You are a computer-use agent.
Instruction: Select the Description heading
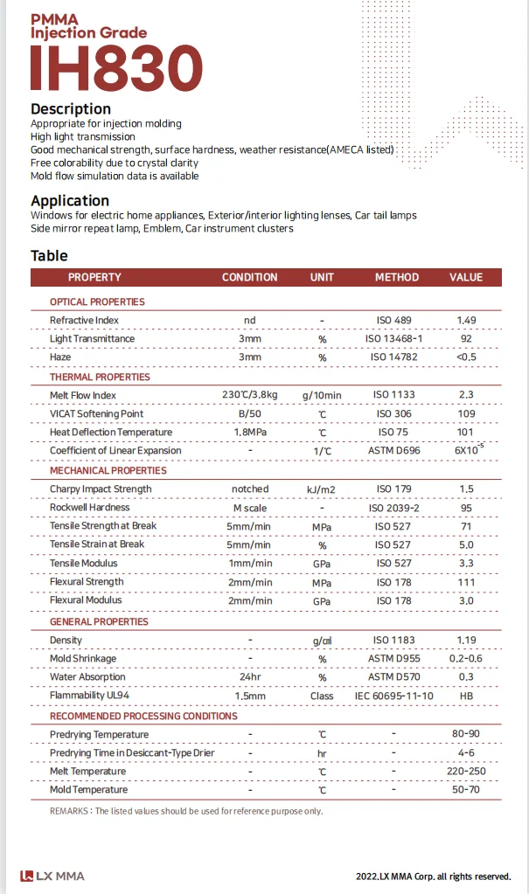(71, 109)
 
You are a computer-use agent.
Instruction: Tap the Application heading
(70, 200)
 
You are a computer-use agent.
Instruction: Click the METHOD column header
(397, 277)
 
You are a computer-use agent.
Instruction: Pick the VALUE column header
(466, 277)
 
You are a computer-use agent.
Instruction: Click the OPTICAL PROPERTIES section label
(97, 301)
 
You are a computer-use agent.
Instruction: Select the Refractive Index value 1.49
(466, 321)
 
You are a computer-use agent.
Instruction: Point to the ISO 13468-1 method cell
(393, 339)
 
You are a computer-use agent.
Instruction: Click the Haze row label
(60, 357)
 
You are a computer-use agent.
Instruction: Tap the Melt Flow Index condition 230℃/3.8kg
(250, 395)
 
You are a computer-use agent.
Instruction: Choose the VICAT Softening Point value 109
(466, 413)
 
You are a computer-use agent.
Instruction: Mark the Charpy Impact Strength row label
(101, 489)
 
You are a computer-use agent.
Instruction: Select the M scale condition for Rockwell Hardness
(250, 508)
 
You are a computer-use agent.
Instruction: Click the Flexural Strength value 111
(466, 582)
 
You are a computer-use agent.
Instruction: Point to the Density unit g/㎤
(322, 641)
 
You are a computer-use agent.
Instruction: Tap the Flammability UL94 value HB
(466, 696)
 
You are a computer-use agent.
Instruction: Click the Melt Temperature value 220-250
(466, 772)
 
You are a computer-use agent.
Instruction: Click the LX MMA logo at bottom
(53, 876)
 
